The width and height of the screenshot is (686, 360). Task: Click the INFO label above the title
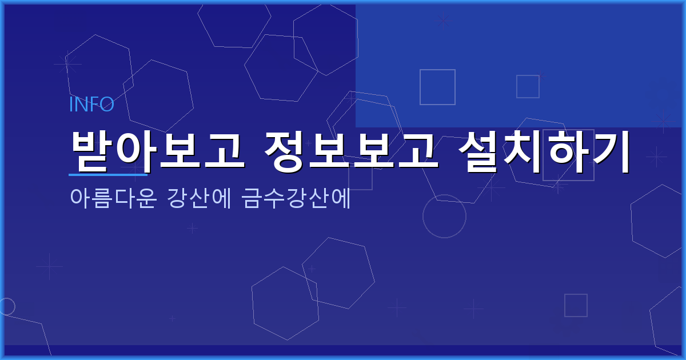click(91, 105)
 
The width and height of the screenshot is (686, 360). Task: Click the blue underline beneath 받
click(108, 174)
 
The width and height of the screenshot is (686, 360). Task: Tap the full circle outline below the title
click(444, 217)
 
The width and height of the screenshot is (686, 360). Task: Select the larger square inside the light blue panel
click(437, 87)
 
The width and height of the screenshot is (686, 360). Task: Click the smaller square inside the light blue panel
click(528, 86)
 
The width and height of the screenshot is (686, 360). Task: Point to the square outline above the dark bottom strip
click(576, 305)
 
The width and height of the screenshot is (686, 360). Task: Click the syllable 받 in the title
click(91, 151)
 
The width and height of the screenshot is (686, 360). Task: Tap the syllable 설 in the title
click(481, 151)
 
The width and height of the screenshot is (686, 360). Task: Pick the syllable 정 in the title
click(286, 151)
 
